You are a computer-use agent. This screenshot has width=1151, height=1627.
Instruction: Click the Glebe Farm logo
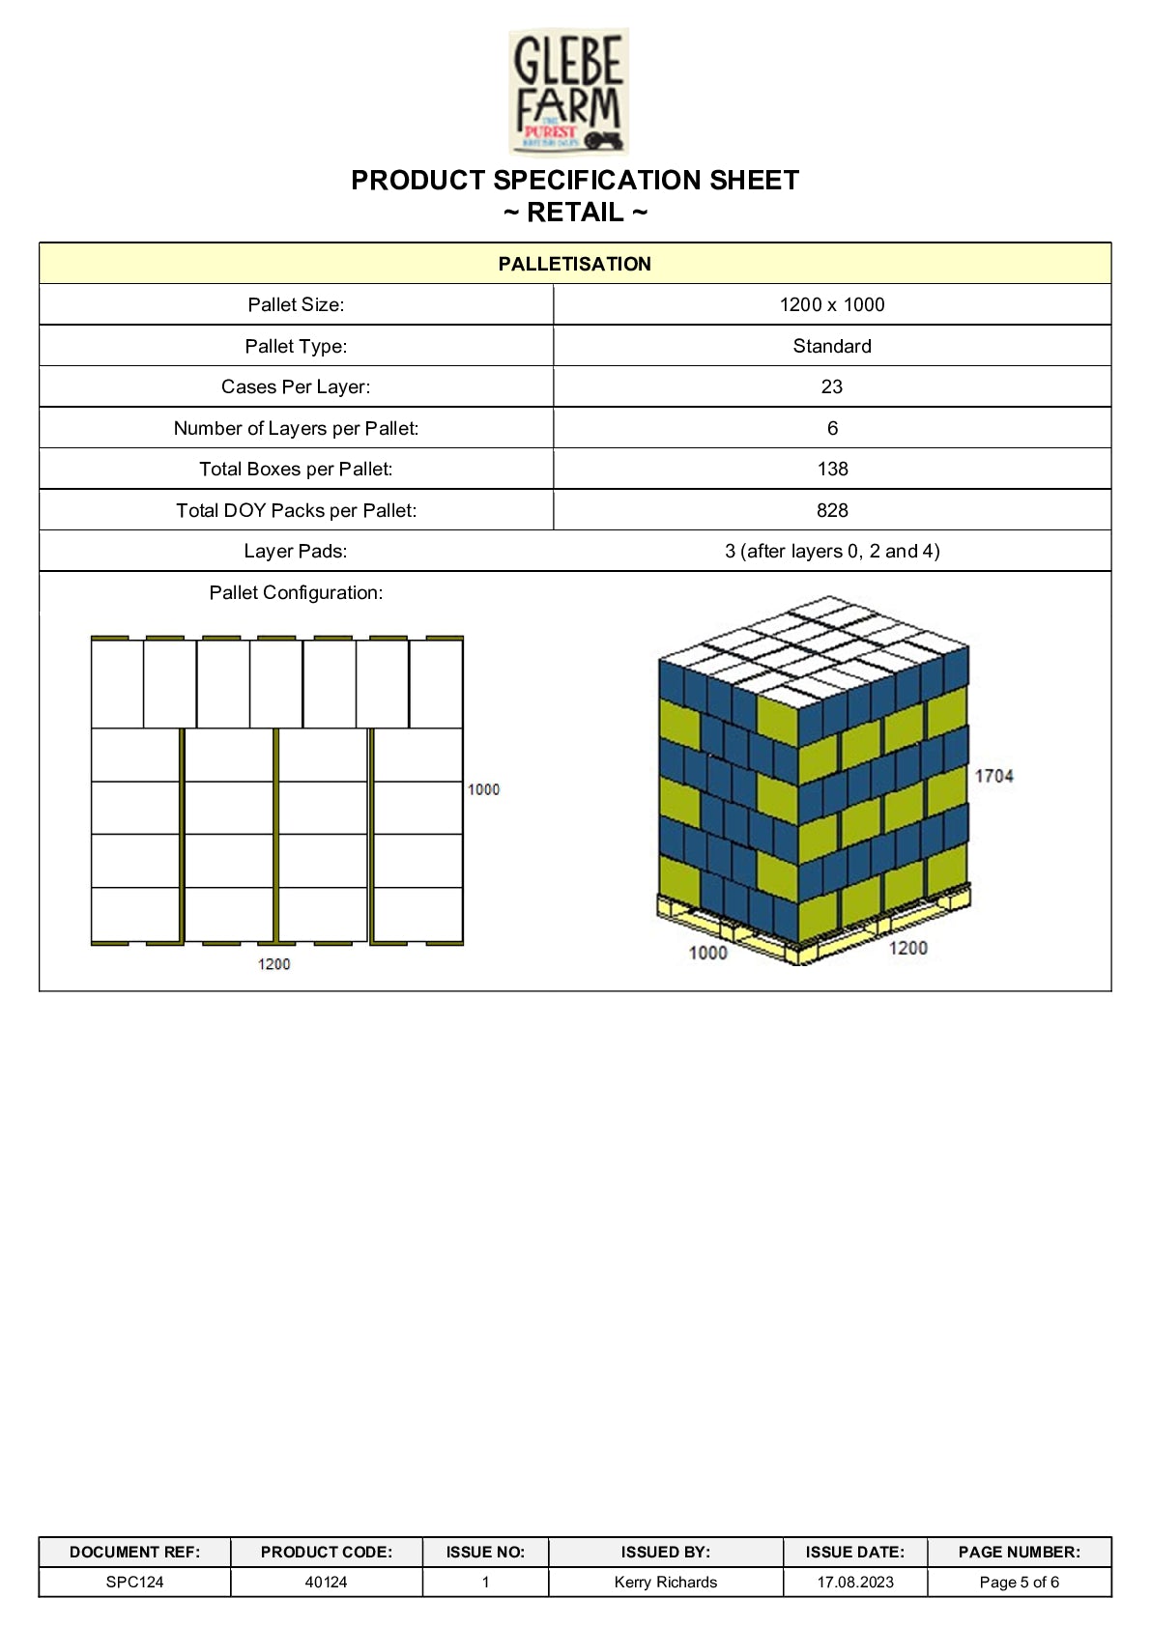pos(569,92)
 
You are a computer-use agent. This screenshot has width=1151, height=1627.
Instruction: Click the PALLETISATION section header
pos(574,264)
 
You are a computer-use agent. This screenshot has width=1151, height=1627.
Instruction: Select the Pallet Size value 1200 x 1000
pos(831,304)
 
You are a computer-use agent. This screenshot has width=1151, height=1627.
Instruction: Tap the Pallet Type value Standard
pos(831,346)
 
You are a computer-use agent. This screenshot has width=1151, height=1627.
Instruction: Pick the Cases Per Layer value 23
pos(831,386)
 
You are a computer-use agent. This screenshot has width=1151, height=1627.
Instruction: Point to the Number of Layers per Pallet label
pos(296,428)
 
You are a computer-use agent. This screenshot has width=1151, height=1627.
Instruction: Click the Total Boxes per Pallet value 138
pos(831,469)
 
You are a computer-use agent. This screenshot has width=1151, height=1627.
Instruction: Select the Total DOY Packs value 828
pos(831,510)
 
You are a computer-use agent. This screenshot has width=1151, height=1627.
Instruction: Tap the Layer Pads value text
pos(831,551)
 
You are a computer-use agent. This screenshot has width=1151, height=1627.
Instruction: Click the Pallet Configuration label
pos(296,592)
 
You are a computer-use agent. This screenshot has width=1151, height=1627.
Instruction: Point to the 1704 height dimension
pos(993,776)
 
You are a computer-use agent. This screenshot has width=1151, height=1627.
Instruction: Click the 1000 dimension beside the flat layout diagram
pos(483,789)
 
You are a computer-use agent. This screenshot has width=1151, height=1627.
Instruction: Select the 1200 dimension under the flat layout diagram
pos(273,963)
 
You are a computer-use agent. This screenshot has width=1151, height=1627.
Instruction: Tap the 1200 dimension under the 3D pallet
pos(907,948)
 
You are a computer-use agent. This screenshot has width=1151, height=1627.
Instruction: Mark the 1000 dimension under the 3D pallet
pos(707,953)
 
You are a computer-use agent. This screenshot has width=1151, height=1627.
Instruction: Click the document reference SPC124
pos(134,1582)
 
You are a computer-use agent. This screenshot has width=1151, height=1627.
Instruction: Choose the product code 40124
pos(326,1582)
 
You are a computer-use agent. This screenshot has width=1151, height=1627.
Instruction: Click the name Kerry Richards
pos(665,1582)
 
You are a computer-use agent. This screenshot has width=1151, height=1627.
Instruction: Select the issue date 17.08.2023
pos(855,1582)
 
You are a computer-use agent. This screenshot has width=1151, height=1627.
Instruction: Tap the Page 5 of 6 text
pos(1019,1582)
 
